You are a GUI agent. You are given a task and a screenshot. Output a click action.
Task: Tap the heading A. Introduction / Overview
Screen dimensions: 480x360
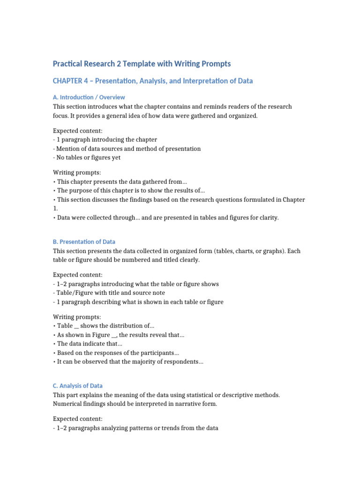[89, 97]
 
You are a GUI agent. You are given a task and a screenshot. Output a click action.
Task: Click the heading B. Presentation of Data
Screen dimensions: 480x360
[84, 242]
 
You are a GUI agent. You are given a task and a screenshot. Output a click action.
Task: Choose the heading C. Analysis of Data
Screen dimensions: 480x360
[78, 386]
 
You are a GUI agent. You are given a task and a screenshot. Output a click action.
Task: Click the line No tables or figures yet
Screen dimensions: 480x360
[87, 157]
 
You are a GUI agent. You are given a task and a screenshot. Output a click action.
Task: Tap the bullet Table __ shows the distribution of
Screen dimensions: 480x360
[105, 326]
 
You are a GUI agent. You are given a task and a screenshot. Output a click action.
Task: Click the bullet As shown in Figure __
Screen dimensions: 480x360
[120, 335]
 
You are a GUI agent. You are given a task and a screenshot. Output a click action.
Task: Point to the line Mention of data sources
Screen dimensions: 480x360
[127, 149]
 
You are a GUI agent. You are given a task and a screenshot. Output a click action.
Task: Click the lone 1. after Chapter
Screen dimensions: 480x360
[55, 209]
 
